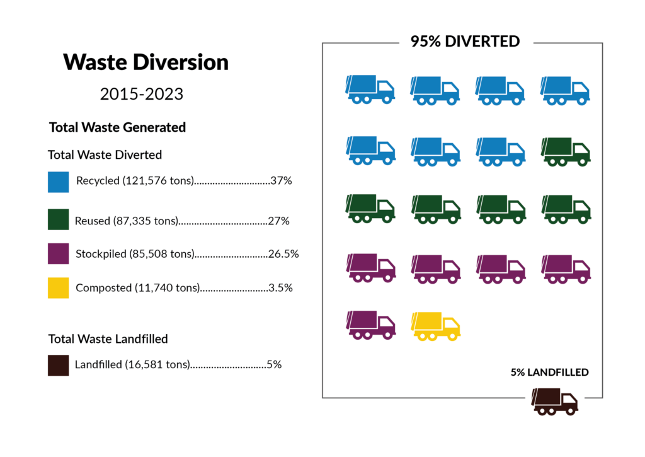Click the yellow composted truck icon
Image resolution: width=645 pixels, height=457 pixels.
tap(435, 327)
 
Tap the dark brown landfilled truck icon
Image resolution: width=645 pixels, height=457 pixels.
tap(554, 402)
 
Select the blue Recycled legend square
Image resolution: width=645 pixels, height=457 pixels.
tap(58, 182)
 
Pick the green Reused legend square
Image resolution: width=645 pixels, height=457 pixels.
tap(58, 219)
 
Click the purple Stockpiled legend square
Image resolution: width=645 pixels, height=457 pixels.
tap(58, 253)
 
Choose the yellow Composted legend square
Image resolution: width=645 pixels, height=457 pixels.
tap(58, 287)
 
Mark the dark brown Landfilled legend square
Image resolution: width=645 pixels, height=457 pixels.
tap(58, 365)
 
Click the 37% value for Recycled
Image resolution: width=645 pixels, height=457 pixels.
tap(280, 181)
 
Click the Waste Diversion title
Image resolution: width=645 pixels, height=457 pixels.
tap(146, 62)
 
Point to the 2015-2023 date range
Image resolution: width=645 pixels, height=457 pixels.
tap(142, 95)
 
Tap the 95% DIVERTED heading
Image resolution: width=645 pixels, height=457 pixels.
tap(465, 42)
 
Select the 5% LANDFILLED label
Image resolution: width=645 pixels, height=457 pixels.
tap(549, 373)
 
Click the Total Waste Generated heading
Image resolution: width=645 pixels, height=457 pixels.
tap(117, 127)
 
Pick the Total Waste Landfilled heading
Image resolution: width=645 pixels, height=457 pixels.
tap(108, 339)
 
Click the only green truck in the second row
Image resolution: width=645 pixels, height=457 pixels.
tap(565, 151)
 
